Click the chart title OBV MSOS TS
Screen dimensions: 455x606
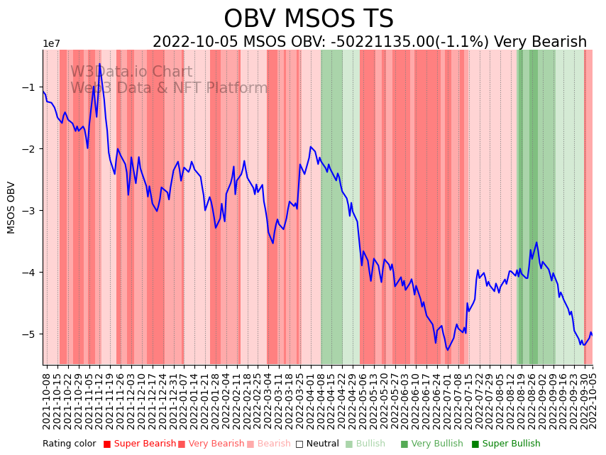308,18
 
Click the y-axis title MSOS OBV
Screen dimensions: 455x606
11,207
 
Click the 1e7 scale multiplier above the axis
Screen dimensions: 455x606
51,44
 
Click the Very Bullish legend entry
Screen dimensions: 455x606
433,444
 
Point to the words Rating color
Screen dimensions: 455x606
69,444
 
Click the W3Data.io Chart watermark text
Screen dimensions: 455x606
131,72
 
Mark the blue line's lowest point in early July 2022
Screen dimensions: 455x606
447,350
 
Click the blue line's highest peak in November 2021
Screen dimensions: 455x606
99,65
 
